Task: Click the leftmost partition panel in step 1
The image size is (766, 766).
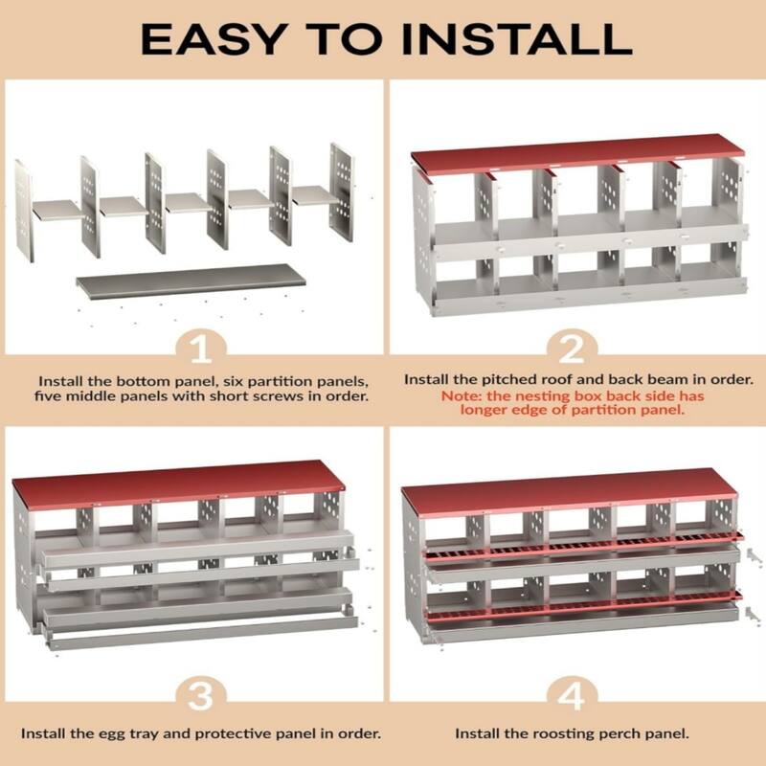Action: [x=23, y=211]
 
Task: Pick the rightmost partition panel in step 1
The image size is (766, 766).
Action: [x=341, y=191]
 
